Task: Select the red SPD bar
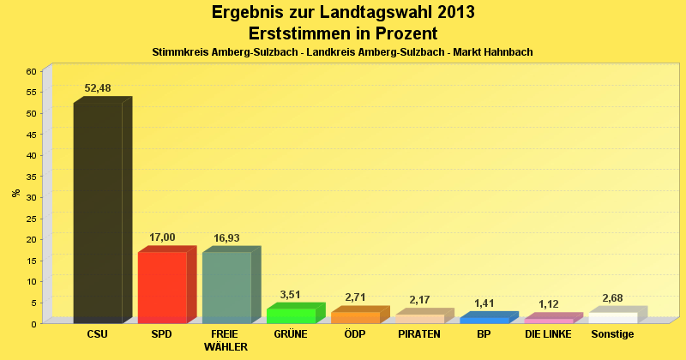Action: pos(162,287)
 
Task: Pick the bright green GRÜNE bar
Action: pos(291,315)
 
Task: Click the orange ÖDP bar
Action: pos(355,317)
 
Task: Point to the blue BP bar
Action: pos(484,320)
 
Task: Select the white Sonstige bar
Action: pos(612,317)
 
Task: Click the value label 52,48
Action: pos(98,88)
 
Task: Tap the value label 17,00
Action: pos(162,237)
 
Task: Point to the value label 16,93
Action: pos(226,237)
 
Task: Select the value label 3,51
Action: pos(291,294)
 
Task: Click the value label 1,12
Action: pos(548,304)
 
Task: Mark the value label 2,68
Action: pos(612,297)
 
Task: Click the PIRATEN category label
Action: pos(419,334)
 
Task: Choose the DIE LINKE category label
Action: pos(548,334)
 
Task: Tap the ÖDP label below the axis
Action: pos(355,334)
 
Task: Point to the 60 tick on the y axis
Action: pos(31,71)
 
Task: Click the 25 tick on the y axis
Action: pos(31,218)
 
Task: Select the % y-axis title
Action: pos(16,193)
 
